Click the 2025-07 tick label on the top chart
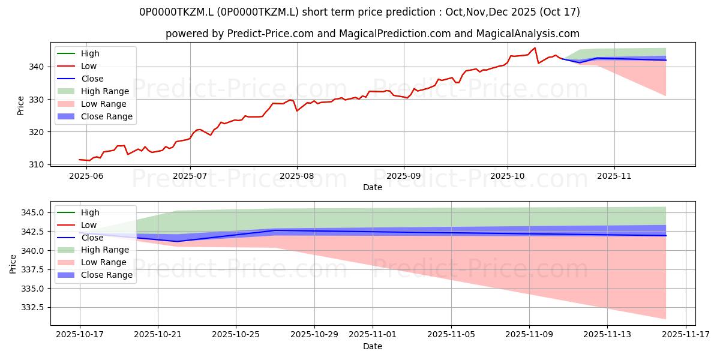(190, 176)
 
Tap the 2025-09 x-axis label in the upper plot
(403, 176)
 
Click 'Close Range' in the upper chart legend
(107, 116)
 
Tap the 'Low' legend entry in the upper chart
(89, 66)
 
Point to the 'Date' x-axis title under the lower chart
(373, 346)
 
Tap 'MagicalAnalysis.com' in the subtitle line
(527, 34)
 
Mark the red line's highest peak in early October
(535, 48)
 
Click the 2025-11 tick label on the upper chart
(614, 176)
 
